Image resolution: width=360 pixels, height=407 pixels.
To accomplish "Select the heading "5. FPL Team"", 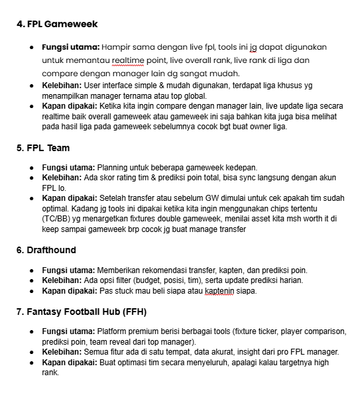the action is (x=43, y=148).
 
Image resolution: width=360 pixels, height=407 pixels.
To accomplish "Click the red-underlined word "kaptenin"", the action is (x=221, y=291).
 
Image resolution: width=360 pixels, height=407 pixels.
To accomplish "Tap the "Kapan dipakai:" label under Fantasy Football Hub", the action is (x=69, y=362).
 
